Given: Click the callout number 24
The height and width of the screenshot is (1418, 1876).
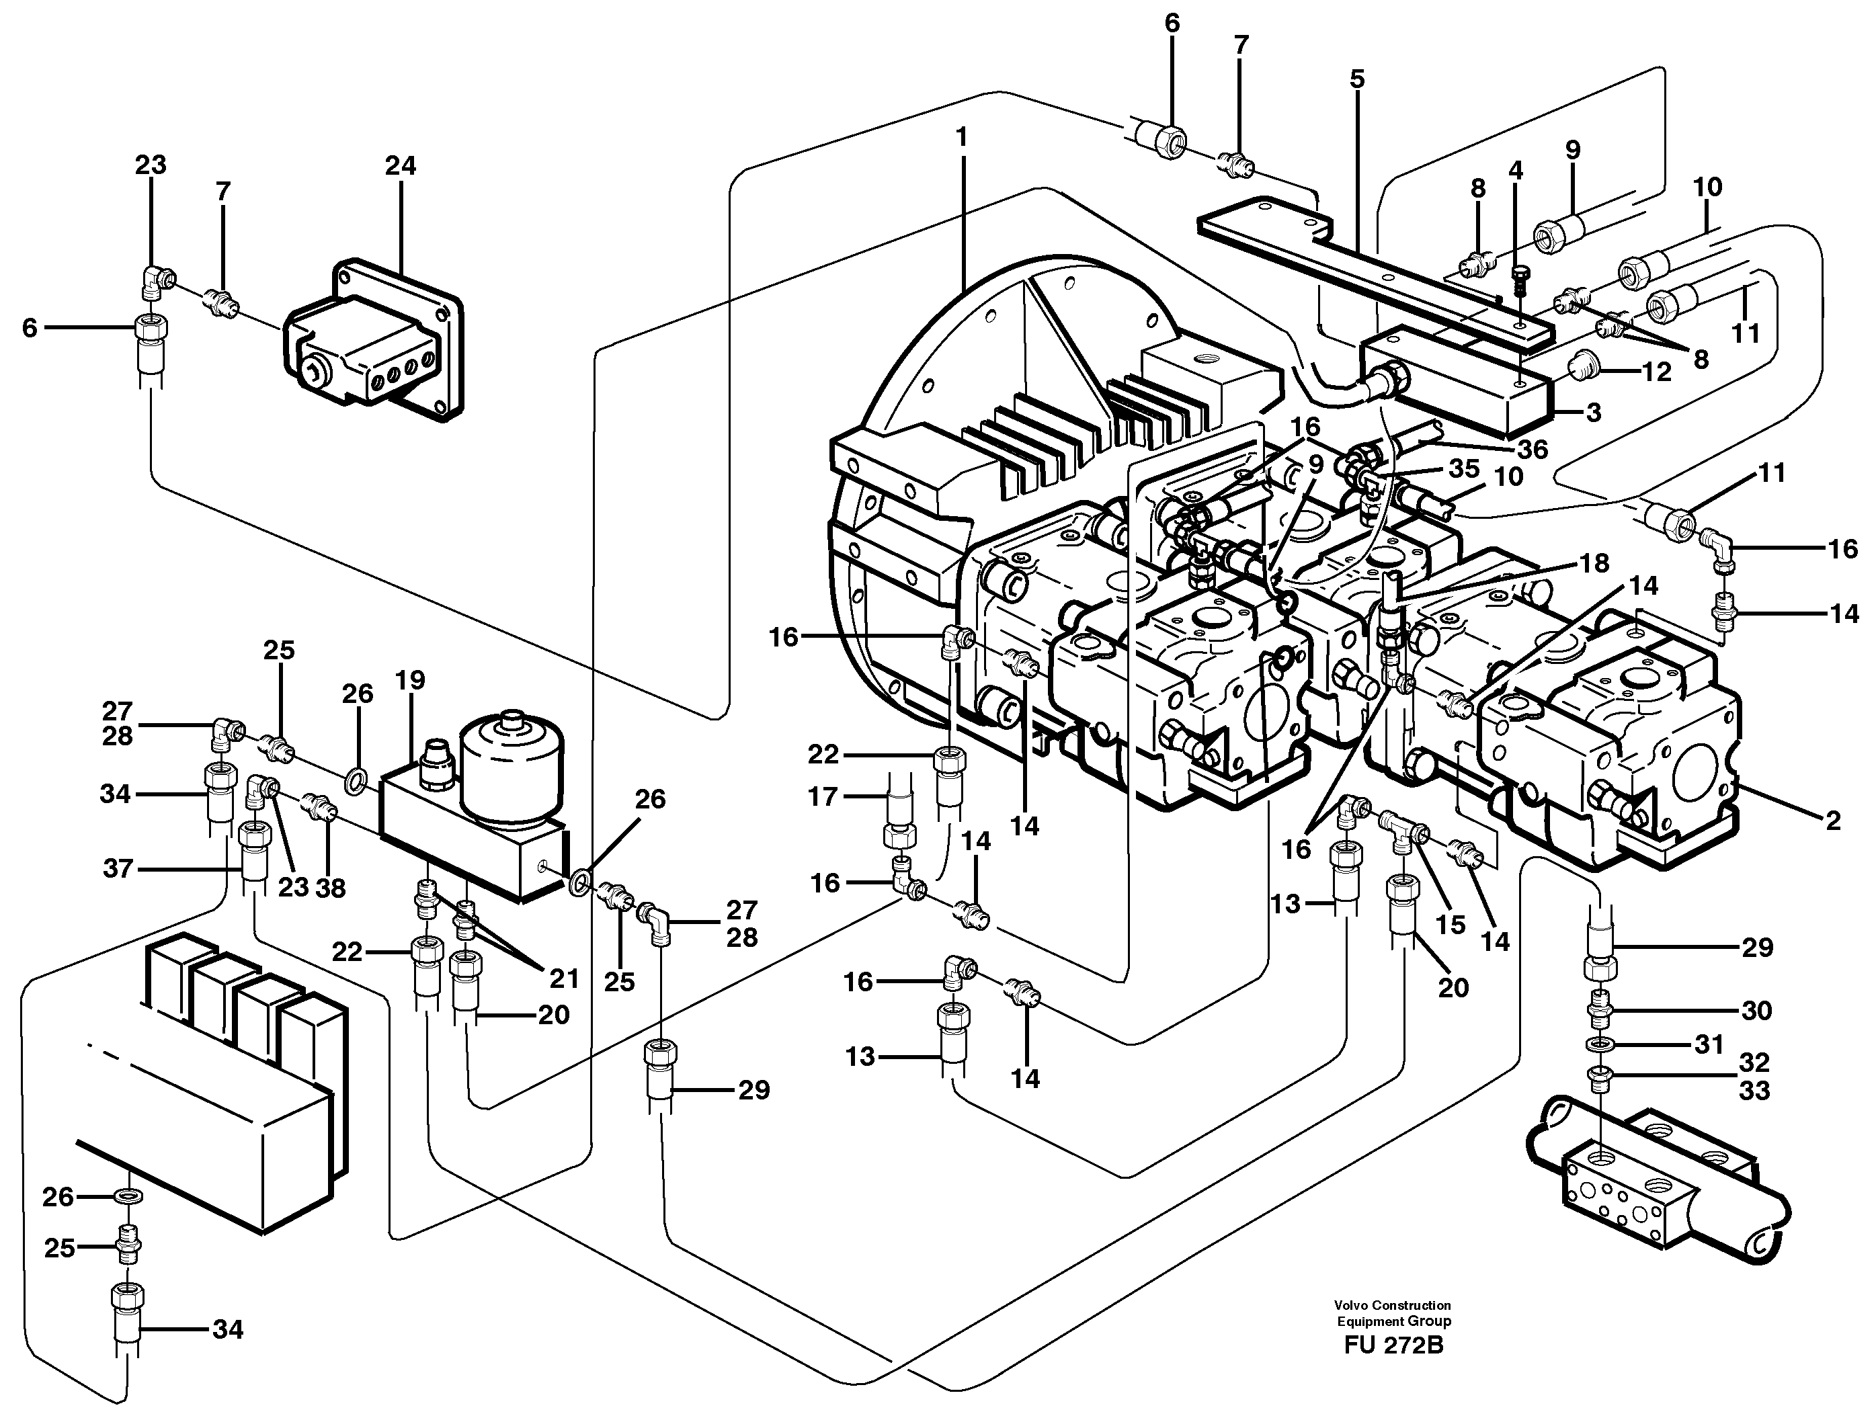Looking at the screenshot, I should (401, 165).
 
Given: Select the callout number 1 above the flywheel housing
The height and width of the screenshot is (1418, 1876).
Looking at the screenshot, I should (961, 136).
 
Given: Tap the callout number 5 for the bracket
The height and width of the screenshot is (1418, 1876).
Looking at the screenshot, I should (1357, 80).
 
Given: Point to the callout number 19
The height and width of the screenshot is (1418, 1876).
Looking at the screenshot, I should (409, 680).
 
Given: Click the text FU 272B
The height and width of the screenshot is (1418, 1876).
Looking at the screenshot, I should (1393, 1368).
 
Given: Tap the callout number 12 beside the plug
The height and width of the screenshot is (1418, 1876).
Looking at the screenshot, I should (1656, 372).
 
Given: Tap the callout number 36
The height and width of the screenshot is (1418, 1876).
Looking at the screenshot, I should (1533, 449).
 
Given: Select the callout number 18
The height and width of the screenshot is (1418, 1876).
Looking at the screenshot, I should (1594, 563).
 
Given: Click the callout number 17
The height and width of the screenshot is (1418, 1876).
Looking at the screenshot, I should (823, 796).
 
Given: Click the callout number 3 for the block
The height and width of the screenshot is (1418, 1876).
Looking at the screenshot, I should (1594, 413).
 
